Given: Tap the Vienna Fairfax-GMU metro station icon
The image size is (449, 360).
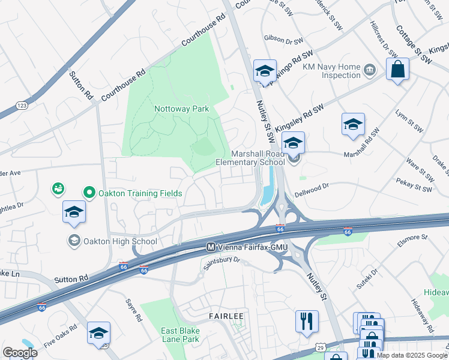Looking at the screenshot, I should [211, 247].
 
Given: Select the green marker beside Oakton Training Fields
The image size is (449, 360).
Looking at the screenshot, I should [89, 193].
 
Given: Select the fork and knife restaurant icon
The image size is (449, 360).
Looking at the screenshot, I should [307, 320].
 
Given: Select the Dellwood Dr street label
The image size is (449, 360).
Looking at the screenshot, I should [312, 190].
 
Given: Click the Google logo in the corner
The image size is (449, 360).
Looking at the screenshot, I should [20, 353].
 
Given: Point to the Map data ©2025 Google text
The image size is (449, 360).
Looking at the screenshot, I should [412, 355].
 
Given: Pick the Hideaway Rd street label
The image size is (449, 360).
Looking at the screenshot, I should [423, 316].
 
